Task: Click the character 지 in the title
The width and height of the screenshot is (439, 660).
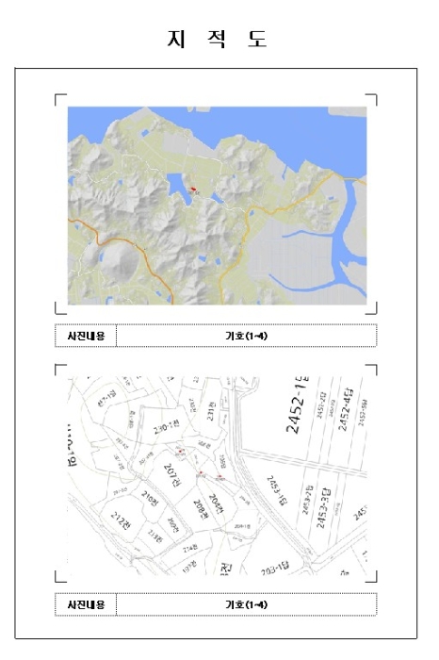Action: [175, 39]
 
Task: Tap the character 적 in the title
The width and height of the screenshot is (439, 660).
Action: [218, 39]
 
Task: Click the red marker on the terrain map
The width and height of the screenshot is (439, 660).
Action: [193, 189]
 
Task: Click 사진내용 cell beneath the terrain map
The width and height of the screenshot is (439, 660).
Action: [86, 336]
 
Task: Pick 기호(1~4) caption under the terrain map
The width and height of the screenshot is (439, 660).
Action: [246, 336]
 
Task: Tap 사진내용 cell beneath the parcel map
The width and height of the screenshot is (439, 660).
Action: [86, 604]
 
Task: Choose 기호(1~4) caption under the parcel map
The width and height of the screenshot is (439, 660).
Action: [246, 604]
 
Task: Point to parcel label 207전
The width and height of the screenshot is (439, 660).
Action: [171, 471]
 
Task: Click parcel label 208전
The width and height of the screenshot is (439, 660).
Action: [200, 508]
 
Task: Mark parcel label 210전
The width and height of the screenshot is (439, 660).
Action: [149, 498]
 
